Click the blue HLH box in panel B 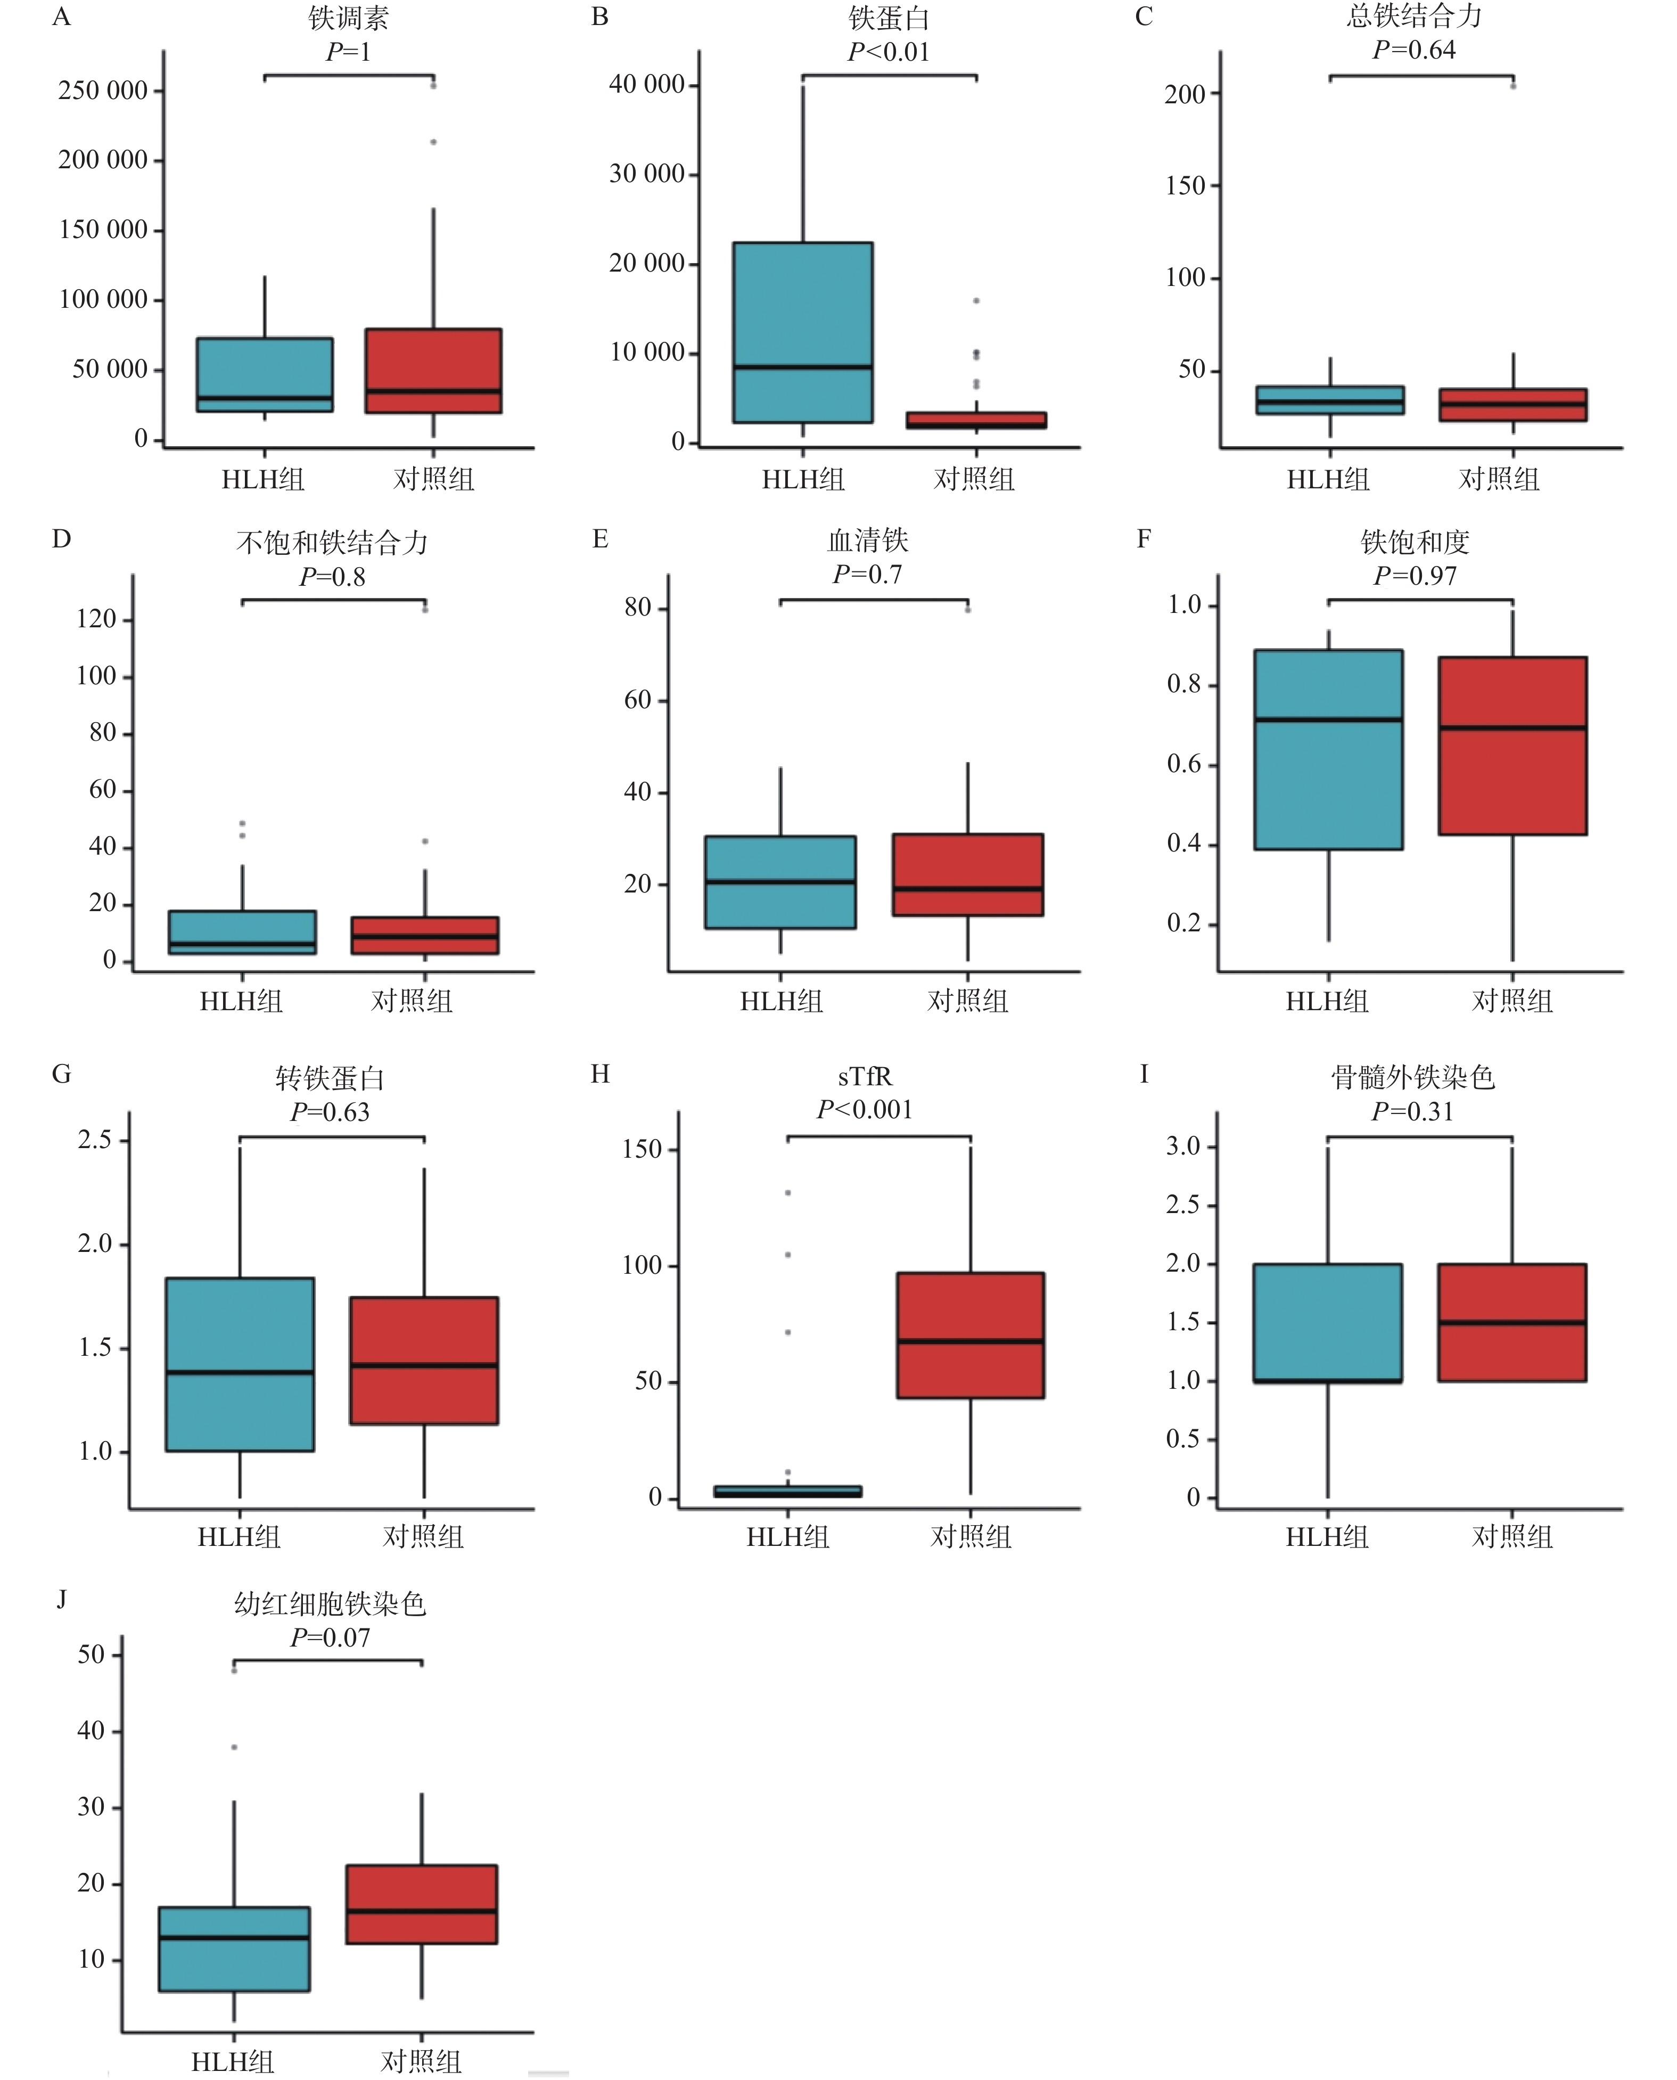[x=803, y=332]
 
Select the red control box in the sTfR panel [x=970, y=1335]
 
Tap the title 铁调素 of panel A [x=349, y=18]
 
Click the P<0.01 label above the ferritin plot [x=889, y=52]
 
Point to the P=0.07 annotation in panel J [x=331, y=1637]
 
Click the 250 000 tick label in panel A [x=103, y=91]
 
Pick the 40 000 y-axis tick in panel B [x=646, y=85]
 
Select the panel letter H [x=600, y=1074]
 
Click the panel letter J [x=62, y=1600]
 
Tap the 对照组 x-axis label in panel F [x=1512, y=1001]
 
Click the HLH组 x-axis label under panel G [x=239, y=1537]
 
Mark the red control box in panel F [x=1512, y=746]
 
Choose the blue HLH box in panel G [x=240, y=1364]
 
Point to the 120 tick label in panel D [x=96, y=619]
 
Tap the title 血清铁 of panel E [x=867, y=540]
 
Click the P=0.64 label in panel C [x=1414, y=50]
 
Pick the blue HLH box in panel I [x=1327, y=1323]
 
